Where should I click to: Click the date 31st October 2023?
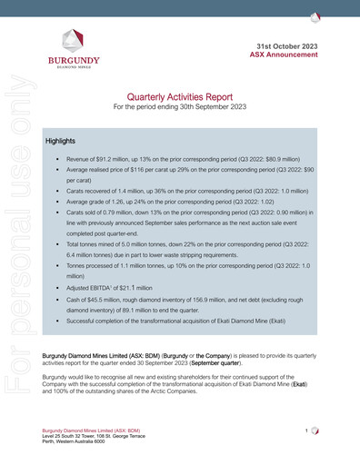point(288,45)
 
